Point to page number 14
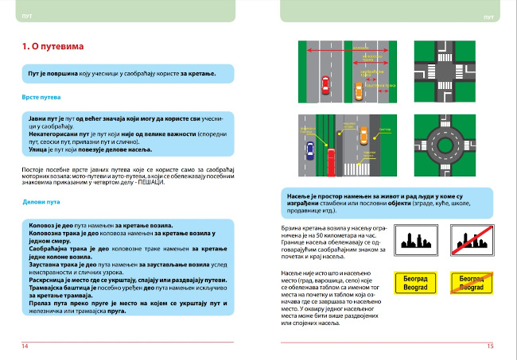[25, 346]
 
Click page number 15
[490, 346]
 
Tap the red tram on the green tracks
[324, 162]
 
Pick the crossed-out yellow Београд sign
[468, 285]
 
